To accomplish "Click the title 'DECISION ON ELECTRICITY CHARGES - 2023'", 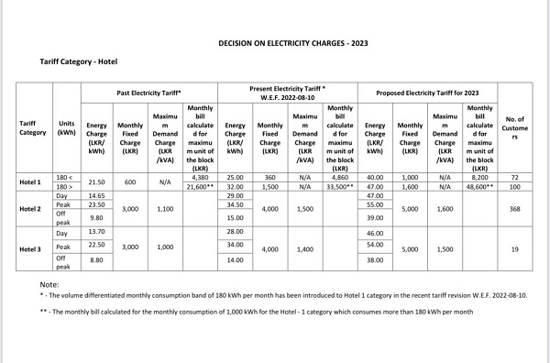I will [291, 43].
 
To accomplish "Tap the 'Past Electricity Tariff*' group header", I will [148, 93].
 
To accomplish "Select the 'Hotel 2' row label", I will [32, 210].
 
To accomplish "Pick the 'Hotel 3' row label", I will [32, 249].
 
